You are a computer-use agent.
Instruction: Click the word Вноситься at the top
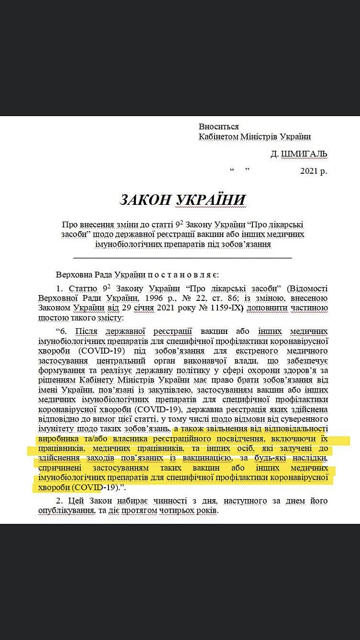pos(218,127)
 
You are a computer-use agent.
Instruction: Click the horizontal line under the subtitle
pos(183,259)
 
